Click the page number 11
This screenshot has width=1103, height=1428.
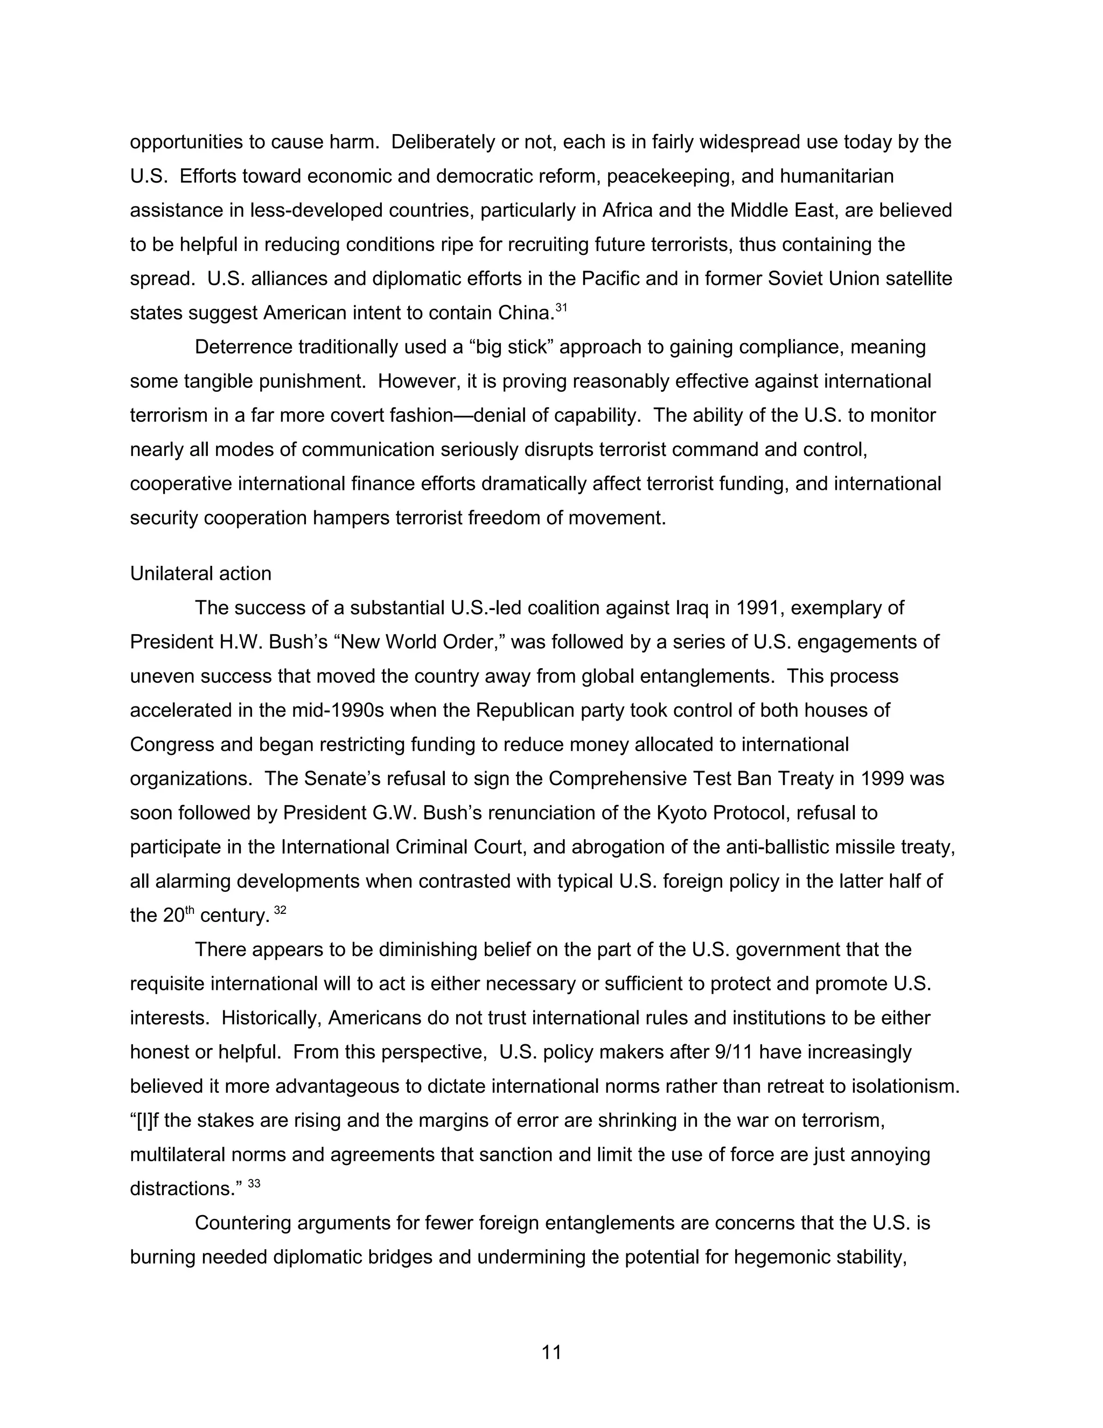(551, 1352)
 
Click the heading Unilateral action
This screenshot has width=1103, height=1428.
(200, 573)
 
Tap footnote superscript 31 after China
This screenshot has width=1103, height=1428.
(561, 306)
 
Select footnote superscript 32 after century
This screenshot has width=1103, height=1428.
(280, 909)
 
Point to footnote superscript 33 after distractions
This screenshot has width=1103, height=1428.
(254, 1182)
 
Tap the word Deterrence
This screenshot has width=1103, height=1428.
(243, 346)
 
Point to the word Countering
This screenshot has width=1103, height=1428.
(242, 1223)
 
